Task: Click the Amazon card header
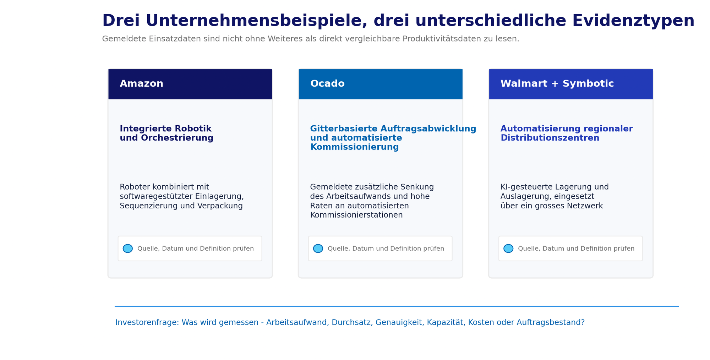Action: click(x=190, y=84)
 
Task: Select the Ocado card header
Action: click(x=381, y=84)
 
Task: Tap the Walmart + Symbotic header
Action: click(x=571, y=84)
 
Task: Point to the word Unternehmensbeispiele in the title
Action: click(x=258, y=21)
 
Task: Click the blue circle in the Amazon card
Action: click(x=128, y=249)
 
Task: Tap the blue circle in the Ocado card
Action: click(x=318, y=249)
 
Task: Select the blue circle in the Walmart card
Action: click(x=508, y=249)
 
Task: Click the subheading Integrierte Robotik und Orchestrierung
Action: click(x=166, y=133)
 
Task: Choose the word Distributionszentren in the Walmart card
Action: click(x=550, y=138)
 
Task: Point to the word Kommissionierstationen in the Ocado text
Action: click(x=356, y=215)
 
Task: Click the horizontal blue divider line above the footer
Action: click(x=397, y=306)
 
